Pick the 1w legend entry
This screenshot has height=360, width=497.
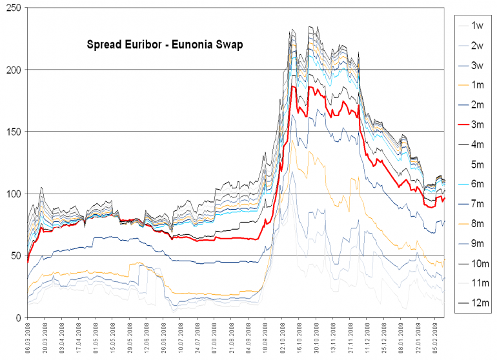477,25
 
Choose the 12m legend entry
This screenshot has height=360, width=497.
477,303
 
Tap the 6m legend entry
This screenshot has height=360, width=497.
477,184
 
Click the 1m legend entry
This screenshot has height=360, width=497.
477,85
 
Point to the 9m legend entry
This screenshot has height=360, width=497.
477,243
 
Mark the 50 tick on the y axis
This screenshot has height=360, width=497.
14,256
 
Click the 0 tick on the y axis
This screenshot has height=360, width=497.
17,318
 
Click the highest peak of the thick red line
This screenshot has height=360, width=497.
293,86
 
